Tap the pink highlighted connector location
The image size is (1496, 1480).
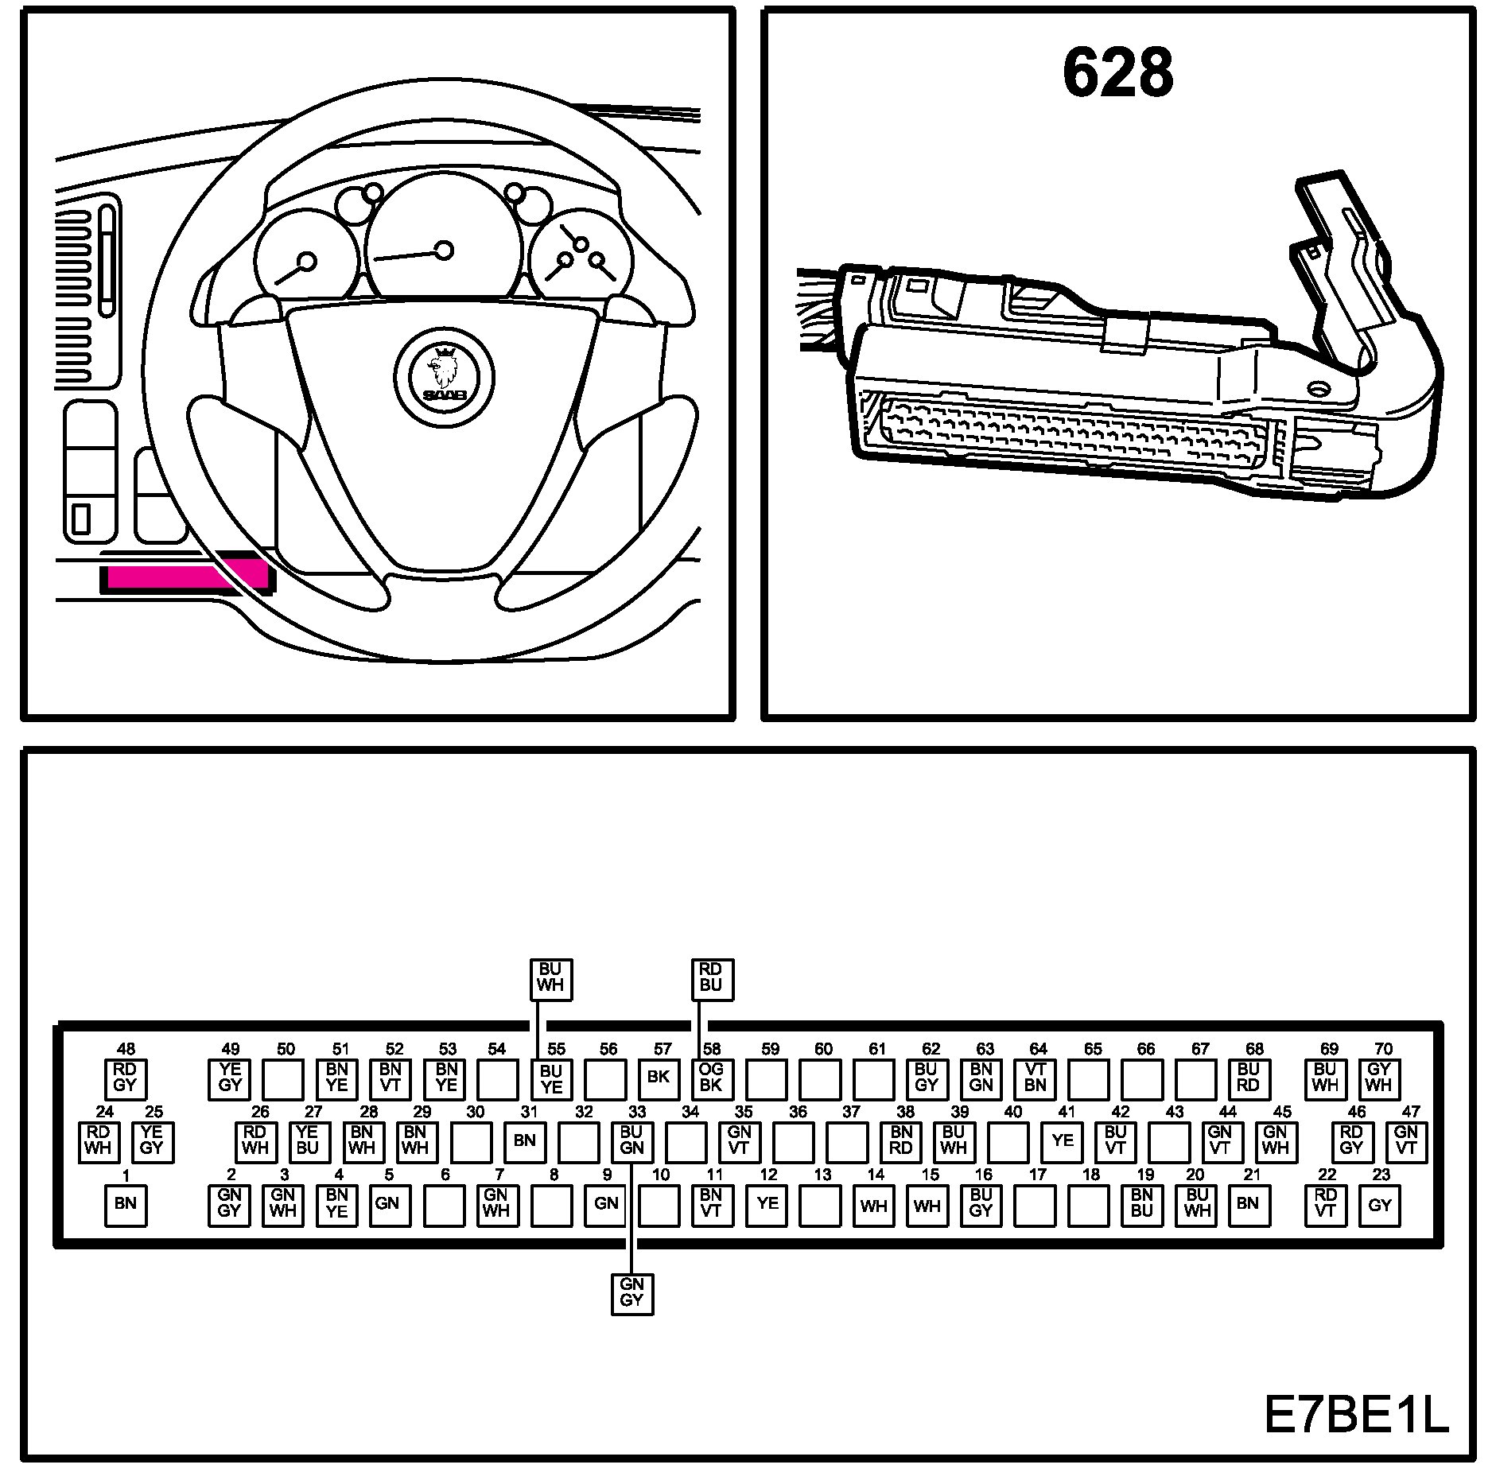185,577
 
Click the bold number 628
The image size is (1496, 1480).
1117,72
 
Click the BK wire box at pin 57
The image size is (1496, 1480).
659,1078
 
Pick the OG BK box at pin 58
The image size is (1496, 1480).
711,1078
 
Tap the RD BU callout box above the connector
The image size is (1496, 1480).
711,979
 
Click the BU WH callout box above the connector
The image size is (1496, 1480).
550,979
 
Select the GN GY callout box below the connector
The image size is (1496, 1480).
631,1293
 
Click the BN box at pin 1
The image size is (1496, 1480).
126,1204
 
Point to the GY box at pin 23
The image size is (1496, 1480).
1380,1206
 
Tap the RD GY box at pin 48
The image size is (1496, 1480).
126,1078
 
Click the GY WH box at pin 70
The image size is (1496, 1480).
1379,1078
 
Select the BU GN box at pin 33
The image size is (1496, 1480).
631,1141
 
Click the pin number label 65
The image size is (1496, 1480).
1094,1050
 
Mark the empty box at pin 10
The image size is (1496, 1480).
659,1206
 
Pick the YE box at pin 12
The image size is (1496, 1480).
767,1204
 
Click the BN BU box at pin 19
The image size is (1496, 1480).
1142,1204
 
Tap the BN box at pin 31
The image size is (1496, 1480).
525,1141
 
